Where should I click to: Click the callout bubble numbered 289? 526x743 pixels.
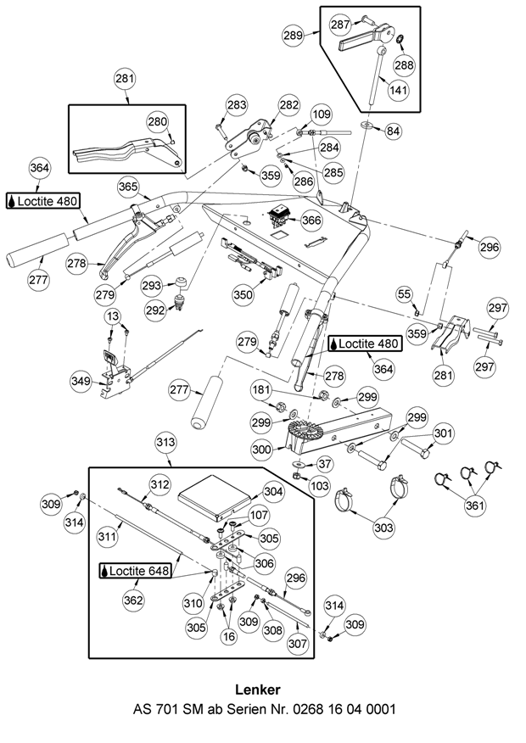point(292,36)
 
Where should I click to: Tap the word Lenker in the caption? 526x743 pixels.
point(262,688)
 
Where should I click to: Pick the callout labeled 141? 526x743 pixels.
point(396,88)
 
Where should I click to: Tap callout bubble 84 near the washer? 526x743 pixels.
point(394,131)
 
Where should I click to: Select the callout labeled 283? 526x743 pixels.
point(236,106)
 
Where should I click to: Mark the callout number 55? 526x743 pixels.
point(405,294)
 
